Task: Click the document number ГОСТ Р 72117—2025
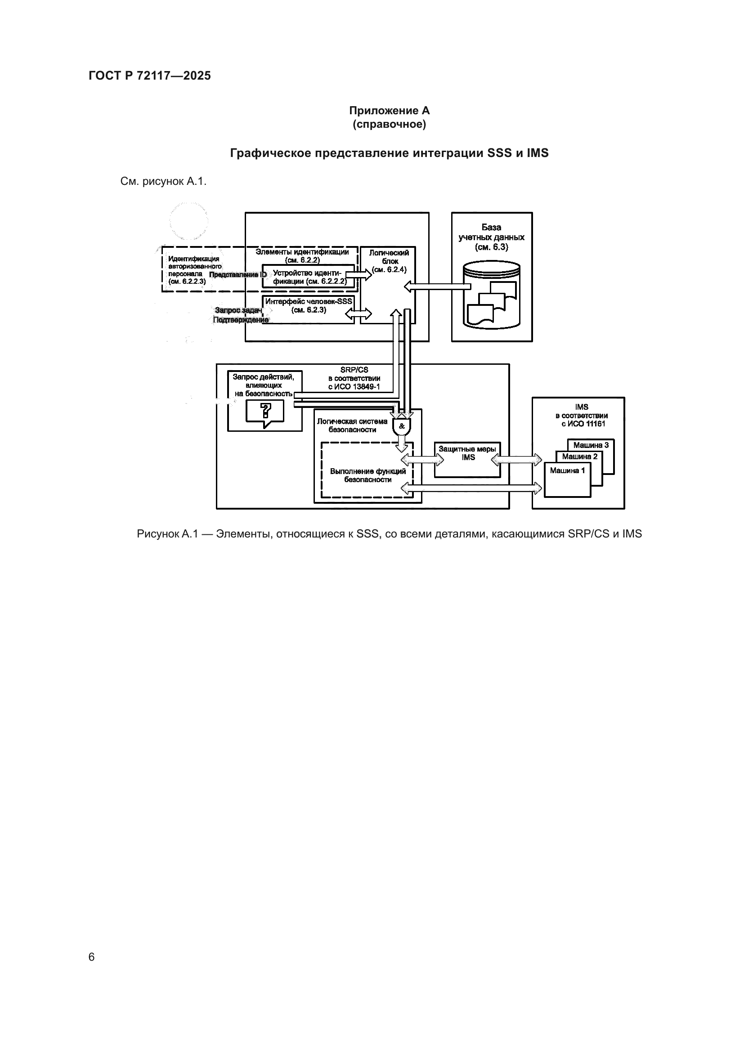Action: tap(149, 76)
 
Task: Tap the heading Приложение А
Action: tap(389, 111)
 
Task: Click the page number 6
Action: tap(91, 957)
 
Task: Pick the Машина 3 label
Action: tap(591, 445)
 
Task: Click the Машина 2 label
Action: tap(579, 457)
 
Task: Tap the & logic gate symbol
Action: tap(402, 426)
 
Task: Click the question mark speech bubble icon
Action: tap(265, 412)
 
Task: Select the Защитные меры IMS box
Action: tap(467, 460)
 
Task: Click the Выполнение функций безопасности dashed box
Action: tap(368, 475)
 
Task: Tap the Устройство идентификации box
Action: tap(308, 276)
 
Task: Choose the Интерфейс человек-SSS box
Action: tap(308, 309)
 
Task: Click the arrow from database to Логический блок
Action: tap(438, 287)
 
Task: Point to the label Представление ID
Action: tap(238, 275)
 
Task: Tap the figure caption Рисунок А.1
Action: tap(389, 534)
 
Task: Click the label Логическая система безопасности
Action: tap(352, 425)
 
